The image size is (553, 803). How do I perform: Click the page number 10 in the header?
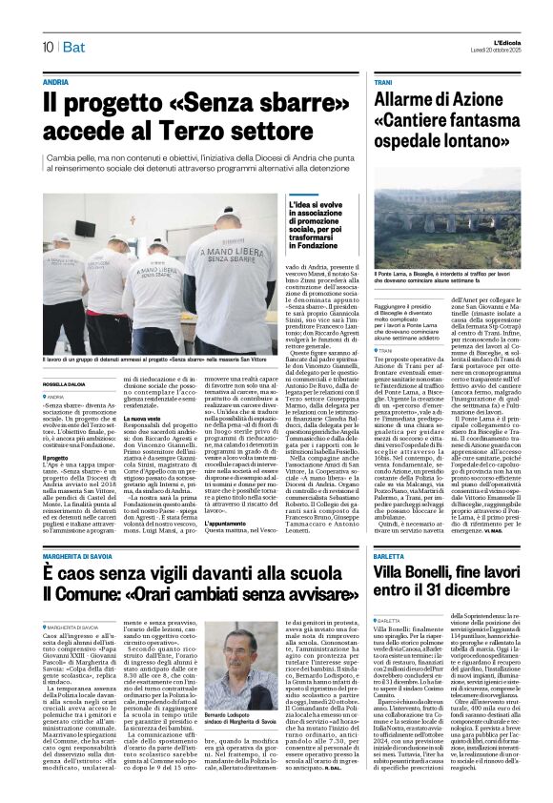[x=47, y=46]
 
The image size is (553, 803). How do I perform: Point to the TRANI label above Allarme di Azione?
[x=357, y=83]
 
